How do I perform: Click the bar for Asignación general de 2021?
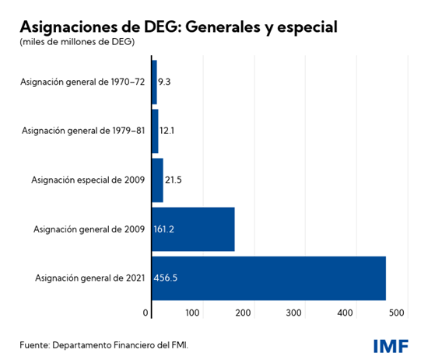point(268,278)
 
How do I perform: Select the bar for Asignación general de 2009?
point(193,229)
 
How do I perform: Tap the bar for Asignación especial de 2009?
point(157,180)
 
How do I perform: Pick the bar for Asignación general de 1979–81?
point(155,131)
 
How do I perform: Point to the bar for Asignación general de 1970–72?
point(154,82)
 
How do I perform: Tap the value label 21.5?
point(173,180)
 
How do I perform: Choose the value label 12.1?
point(167,131)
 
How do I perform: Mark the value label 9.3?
point(164,82)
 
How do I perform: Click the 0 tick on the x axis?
point(146,313)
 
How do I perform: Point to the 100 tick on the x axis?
point(193,313)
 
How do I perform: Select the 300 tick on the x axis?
point(294,313)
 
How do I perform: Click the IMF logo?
point(390,344)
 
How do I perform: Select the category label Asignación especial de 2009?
point(86,180)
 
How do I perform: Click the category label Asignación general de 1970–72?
point(83,82)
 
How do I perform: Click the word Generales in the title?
point(225,26)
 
